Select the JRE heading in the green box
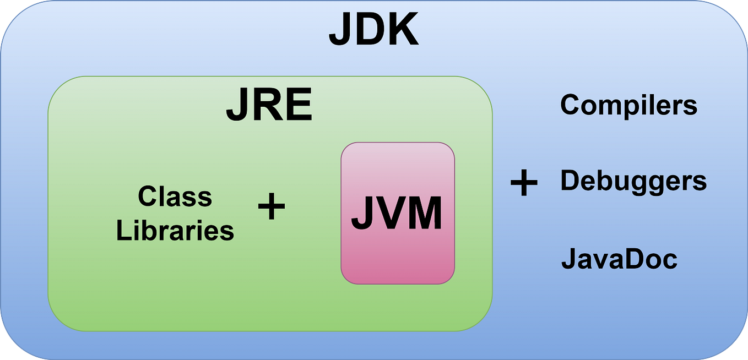coord(269,106)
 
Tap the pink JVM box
coord(398,214)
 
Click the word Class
coord(175,197)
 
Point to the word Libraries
coord(175,230)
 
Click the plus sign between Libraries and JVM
coord(272,208)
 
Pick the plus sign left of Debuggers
coord(523,183)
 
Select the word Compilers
coord(628,105)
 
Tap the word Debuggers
coord(633,181)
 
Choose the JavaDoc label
coord(619,259)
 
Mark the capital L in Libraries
coord(122,230)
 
